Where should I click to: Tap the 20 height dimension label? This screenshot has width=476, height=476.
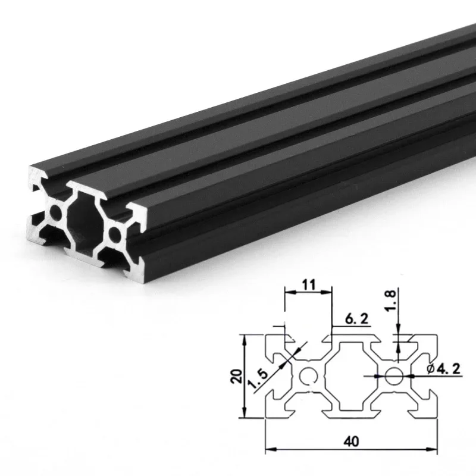(x=237, y=377)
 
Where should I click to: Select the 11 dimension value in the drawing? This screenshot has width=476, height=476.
(x=308, y=285)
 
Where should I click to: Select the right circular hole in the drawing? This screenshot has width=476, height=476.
(x=393, y=376)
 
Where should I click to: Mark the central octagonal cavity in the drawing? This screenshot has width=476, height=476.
(x=350, y=376)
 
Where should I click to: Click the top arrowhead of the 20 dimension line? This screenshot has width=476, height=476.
(x=245, y=337)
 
